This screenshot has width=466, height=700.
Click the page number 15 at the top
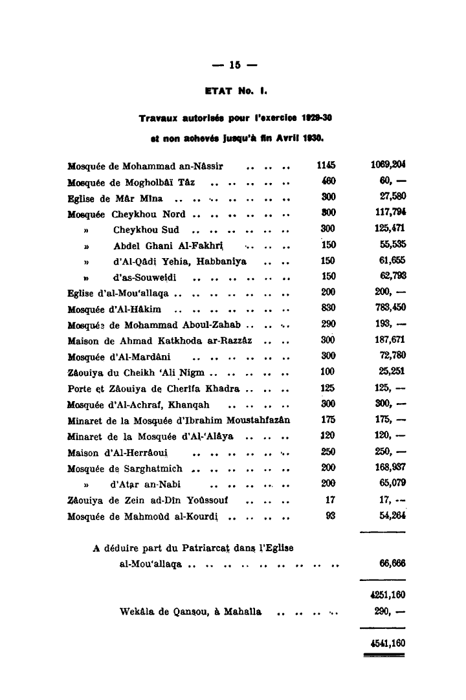point(234,65)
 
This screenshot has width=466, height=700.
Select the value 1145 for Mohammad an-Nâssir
point(327,166)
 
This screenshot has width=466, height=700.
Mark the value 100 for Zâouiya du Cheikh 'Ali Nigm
point(327,372)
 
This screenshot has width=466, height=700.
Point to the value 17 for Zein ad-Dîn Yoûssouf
point(330,499)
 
